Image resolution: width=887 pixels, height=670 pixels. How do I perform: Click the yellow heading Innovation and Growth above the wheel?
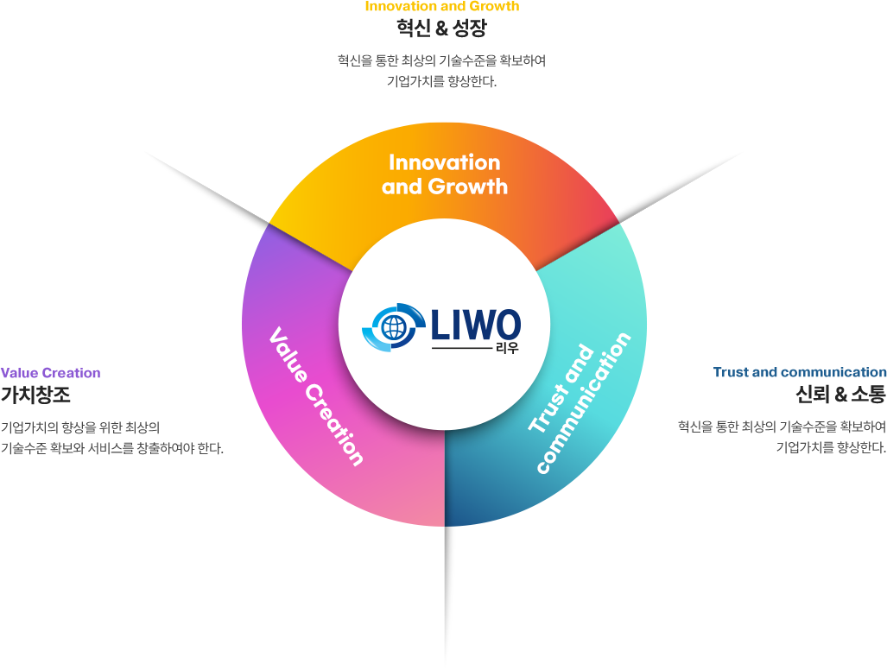click(442, 7)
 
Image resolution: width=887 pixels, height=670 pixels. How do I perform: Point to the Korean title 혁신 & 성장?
click(442, 28)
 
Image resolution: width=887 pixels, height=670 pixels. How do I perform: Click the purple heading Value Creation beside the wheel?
click(50, 373)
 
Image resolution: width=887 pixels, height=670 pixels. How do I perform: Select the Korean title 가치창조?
click(35, 395)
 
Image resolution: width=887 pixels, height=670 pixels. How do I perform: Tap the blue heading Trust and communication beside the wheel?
click(800, 372)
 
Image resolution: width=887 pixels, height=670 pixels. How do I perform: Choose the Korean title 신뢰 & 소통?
click(840, 395)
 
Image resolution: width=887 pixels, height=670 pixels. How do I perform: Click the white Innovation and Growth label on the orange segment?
click(444, 174)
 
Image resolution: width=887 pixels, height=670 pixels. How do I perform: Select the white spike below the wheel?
click(448, 596)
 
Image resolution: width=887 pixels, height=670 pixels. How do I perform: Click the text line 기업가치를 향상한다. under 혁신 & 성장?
click(442, 83)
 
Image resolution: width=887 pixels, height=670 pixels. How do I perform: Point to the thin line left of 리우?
click(461, 349)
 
